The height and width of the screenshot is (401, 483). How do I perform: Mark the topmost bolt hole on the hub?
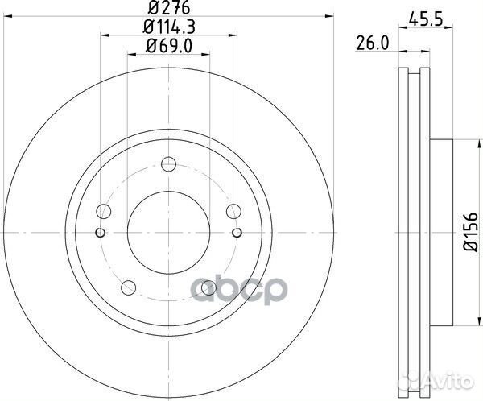click(168, 165)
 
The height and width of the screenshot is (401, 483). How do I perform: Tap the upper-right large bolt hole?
click(233, 212)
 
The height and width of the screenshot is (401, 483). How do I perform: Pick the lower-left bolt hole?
click(127, 287)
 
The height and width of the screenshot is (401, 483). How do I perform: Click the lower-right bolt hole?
click(208, 287)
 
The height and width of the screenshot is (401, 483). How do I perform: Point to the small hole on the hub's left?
click(99, 234)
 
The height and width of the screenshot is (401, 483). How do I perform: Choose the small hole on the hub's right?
click(237, 234)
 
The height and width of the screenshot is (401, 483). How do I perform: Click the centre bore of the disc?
click(168, 234)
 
